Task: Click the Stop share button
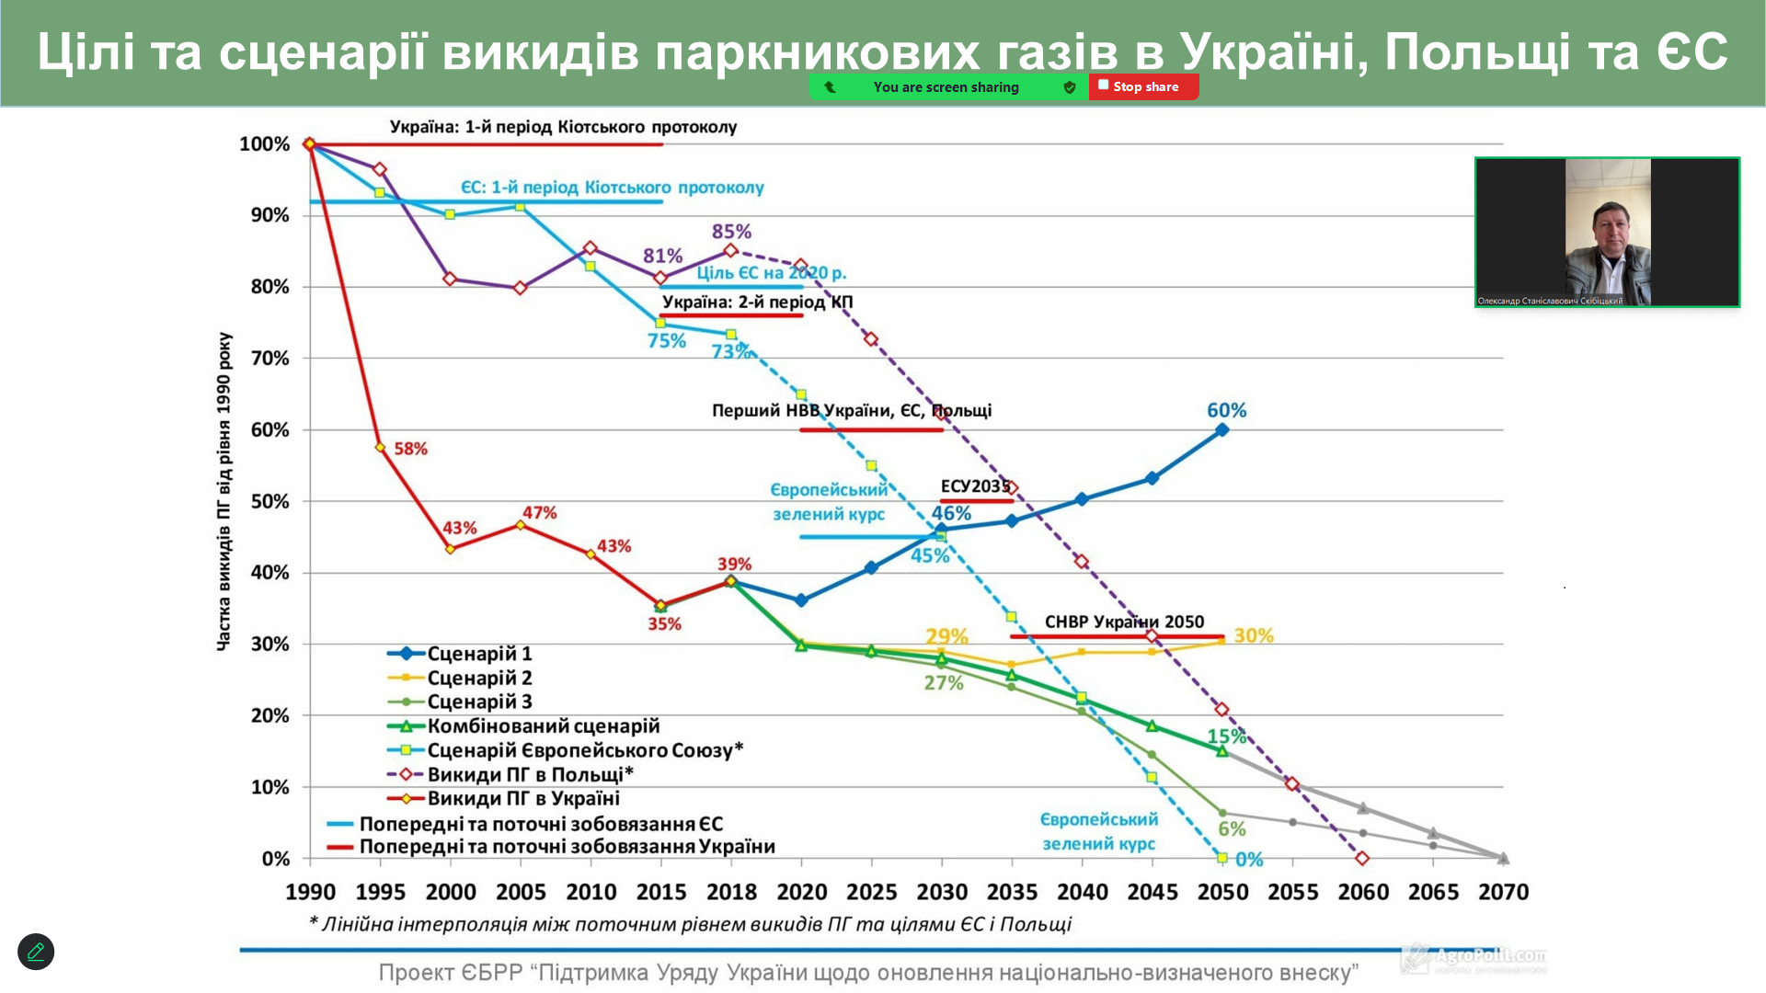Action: coord(1143,86)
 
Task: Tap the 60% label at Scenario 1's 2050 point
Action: coord(1226,410)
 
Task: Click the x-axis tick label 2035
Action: coord(1012,892)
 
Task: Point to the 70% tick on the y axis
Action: coord(269,359)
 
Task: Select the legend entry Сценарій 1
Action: coord(478,654)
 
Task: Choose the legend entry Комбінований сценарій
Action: coord(543,726)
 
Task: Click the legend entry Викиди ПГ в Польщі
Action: coord(529,774)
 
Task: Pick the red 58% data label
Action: coord(410,449)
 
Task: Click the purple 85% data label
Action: coord(731,232)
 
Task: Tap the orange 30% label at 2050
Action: coord(1254,635)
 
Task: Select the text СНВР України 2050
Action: coord(1124,622)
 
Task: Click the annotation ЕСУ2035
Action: coord(975,486)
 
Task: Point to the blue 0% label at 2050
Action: coord(1249,860)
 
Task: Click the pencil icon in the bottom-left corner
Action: coord(36,952)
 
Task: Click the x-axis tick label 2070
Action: coord(1503,892)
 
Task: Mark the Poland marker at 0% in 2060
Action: coord(1362,859)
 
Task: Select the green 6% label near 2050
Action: coord(1232,828)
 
